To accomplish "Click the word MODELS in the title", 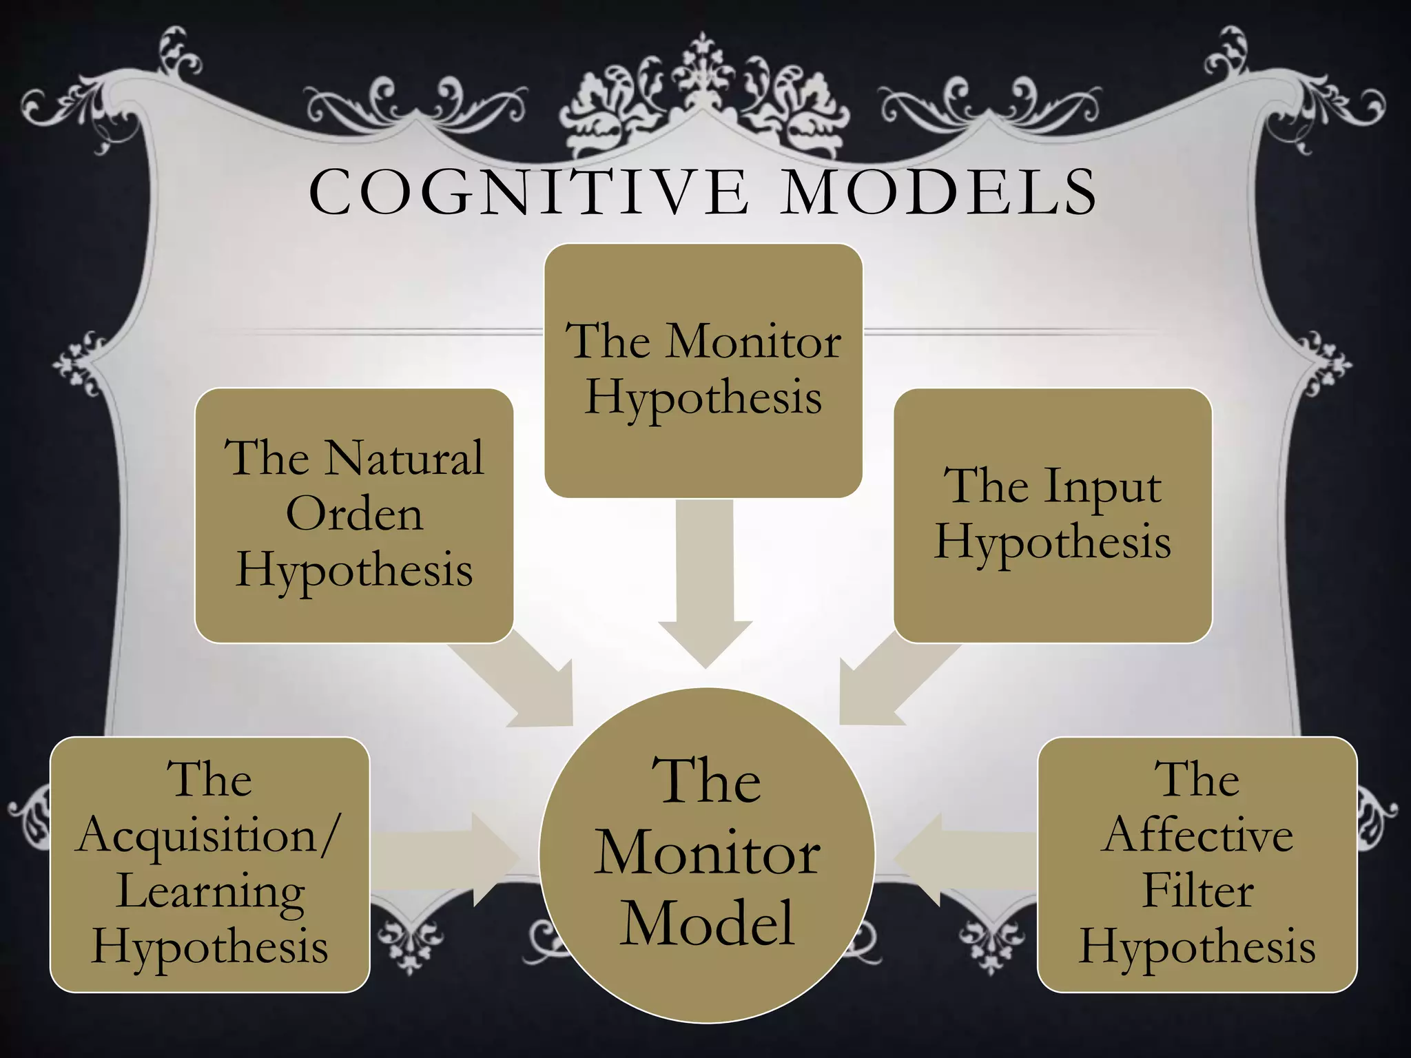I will coord(940,192).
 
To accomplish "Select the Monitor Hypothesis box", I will coord(703,371).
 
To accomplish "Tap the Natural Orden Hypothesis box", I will coord(354,515).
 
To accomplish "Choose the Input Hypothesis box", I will coord(1052,515).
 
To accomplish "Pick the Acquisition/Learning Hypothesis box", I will coord(209,864).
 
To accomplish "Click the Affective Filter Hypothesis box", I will coord(1197,864).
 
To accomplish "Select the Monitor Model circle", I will coord(707,855).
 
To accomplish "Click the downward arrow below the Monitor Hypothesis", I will coord(705,585).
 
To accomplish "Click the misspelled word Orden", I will coord(354,515).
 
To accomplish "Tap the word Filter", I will coord(1197,891).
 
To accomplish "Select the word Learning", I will coord(211,892).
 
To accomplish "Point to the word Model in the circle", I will coord(707,923).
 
